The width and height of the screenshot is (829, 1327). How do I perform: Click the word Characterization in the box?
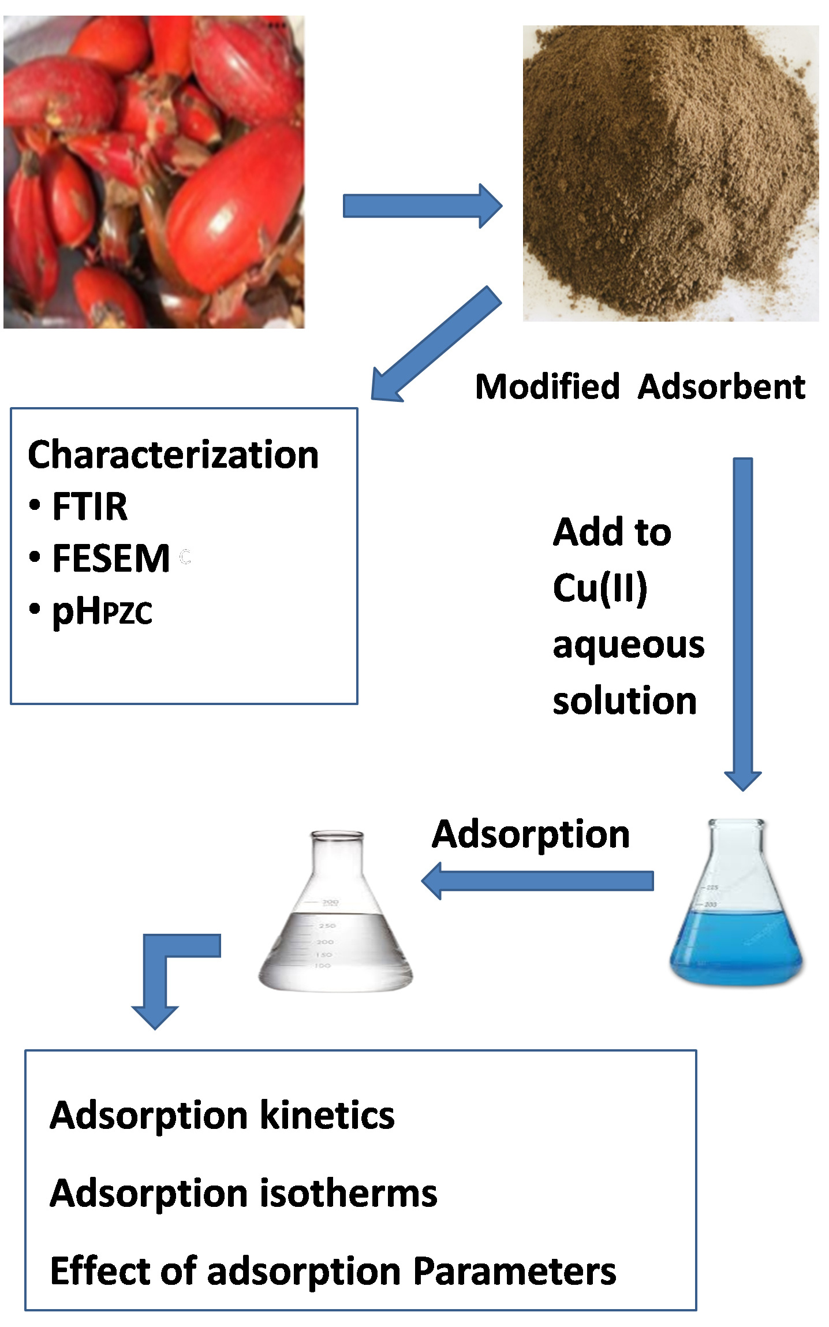click(x=173, y=455)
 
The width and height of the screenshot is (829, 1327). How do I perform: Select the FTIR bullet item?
click(x=89, y=506)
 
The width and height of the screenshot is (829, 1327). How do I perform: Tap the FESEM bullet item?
click(x=110, y=558)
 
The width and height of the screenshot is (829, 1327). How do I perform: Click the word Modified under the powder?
click(x=547, y=386)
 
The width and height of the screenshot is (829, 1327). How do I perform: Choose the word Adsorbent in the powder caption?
click(x=721, y=386)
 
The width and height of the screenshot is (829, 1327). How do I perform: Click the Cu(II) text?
click(x=600, y=588)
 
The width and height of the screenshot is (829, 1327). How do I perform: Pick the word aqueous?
click(x=628, y=645)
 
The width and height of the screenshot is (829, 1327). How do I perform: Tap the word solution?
click(x=625, y=700)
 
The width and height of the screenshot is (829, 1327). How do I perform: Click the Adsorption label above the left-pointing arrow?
click(x=531, y=835)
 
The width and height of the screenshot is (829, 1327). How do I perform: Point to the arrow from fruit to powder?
click(x=422, y=206)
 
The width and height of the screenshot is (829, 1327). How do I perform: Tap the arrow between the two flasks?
click(x=537, y=881)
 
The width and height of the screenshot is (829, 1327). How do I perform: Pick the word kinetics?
click(x=327, y=1114)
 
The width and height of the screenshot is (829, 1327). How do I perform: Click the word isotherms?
click(x=348, y=1193)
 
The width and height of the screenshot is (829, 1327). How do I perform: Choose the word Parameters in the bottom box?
click(x=515, y=1272)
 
